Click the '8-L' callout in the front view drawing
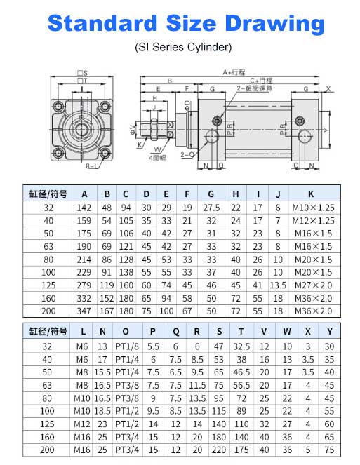point(72,168)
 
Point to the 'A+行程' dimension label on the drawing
point(232,72)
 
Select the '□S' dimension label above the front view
point(82,73)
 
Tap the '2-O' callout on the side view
point(187,154)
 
